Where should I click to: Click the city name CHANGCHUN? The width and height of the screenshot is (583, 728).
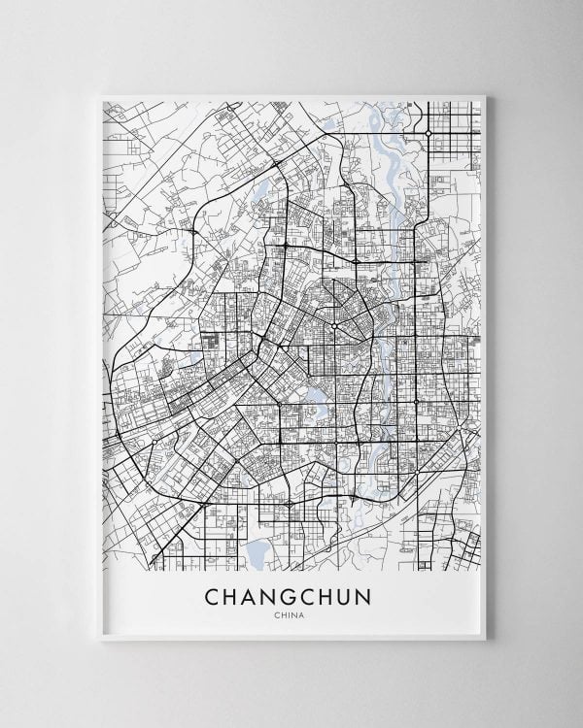(x=291, y=593)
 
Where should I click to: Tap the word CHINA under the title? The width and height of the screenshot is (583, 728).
(x=291, y=613)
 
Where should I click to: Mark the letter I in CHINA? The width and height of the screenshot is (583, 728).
(x=291, y=613)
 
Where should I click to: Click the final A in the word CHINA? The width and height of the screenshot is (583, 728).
(x=305, y=613)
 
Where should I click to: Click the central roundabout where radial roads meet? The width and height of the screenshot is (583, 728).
(x=334, y=326)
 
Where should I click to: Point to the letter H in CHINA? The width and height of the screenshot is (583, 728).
(x=284, y=613)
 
